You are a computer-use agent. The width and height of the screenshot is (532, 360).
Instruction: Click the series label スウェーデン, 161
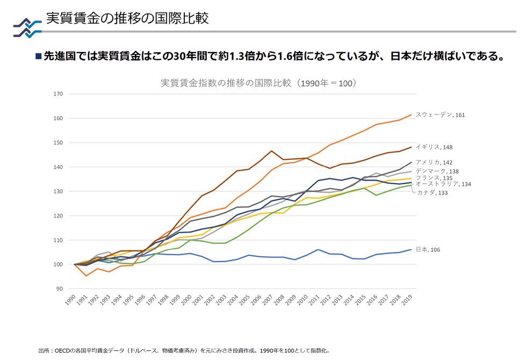440,114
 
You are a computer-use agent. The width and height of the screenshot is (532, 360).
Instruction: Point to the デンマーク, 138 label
436,171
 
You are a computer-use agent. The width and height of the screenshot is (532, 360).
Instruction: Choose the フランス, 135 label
433,178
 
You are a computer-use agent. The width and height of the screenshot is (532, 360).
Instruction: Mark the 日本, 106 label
428,250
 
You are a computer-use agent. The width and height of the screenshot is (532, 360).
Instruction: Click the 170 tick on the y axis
59,94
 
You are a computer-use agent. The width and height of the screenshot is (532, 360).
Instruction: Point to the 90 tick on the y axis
60,289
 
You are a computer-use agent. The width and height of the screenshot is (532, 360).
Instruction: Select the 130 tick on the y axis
59,191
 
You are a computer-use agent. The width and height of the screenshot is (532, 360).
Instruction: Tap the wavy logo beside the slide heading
27,27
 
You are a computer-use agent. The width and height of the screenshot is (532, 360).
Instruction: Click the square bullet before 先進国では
38,56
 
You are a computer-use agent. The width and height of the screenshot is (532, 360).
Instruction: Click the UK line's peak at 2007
272,151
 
